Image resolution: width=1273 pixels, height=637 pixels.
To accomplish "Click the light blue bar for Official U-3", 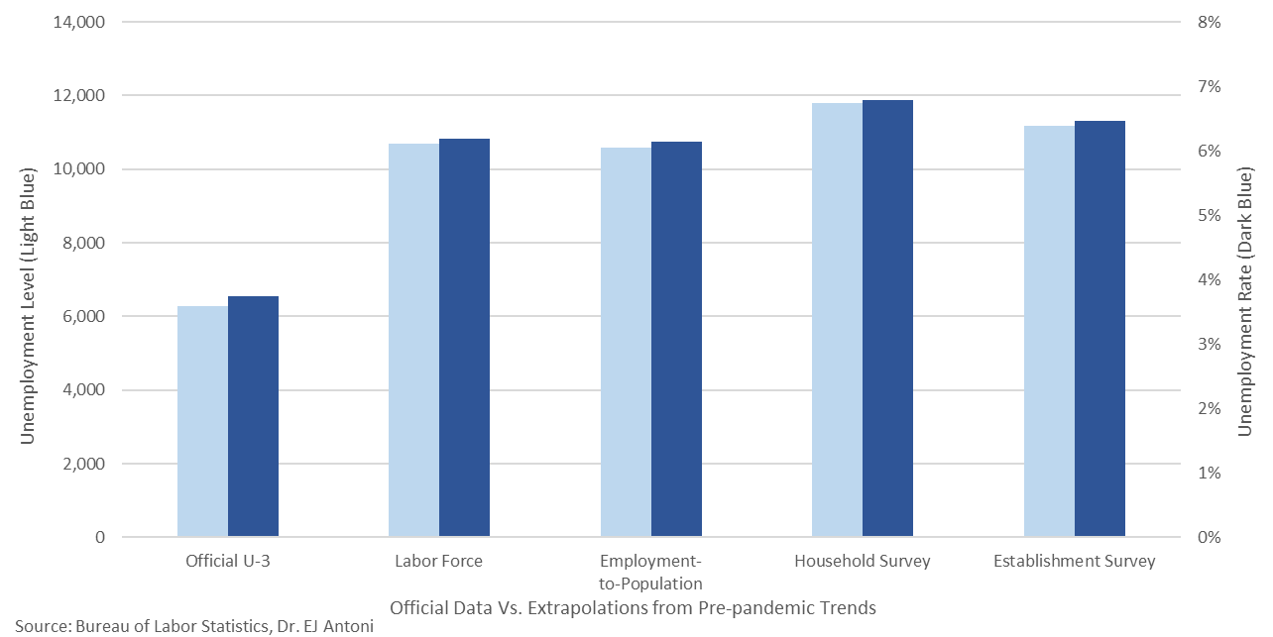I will coord(202,422).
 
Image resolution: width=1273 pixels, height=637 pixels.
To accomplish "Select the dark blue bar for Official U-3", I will coord(253,417).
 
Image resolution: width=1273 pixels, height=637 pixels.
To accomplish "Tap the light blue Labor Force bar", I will coord(413,341).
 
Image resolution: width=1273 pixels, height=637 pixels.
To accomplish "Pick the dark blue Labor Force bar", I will coord(464,338).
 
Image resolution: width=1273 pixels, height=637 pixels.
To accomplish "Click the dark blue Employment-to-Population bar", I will coord(676,340).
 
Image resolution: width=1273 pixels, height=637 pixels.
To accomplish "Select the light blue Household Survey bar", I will coord(837,320).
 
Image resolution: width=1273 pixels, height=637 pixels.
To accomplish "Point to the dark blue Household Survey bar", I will coord(887,319).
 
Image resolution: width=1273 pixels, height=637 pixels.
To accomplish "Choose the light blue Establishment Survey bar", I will coord(1049,332).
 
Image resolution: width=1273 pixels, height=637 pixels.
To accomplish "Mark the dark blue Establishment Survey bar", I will coord(1099,329).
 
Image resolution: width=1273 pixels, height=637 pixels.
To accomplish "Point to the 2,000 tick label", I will coord(81,464).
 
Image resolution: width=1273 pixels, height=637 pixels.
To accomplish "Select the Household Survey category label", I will coord(862,562).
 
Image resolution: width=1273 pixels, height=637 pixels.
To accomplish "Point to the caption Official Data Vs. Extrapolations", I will coord(633,607).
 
